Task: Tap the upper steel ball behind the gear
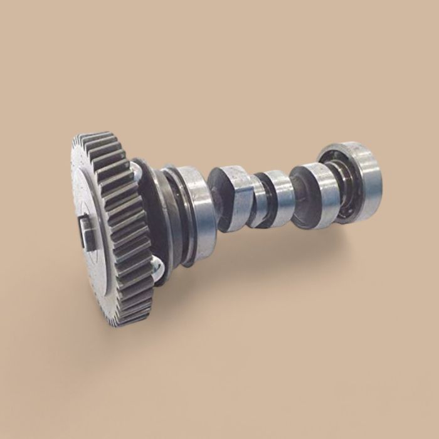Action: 135,168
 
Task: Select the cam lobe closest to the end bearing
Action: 314,194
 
